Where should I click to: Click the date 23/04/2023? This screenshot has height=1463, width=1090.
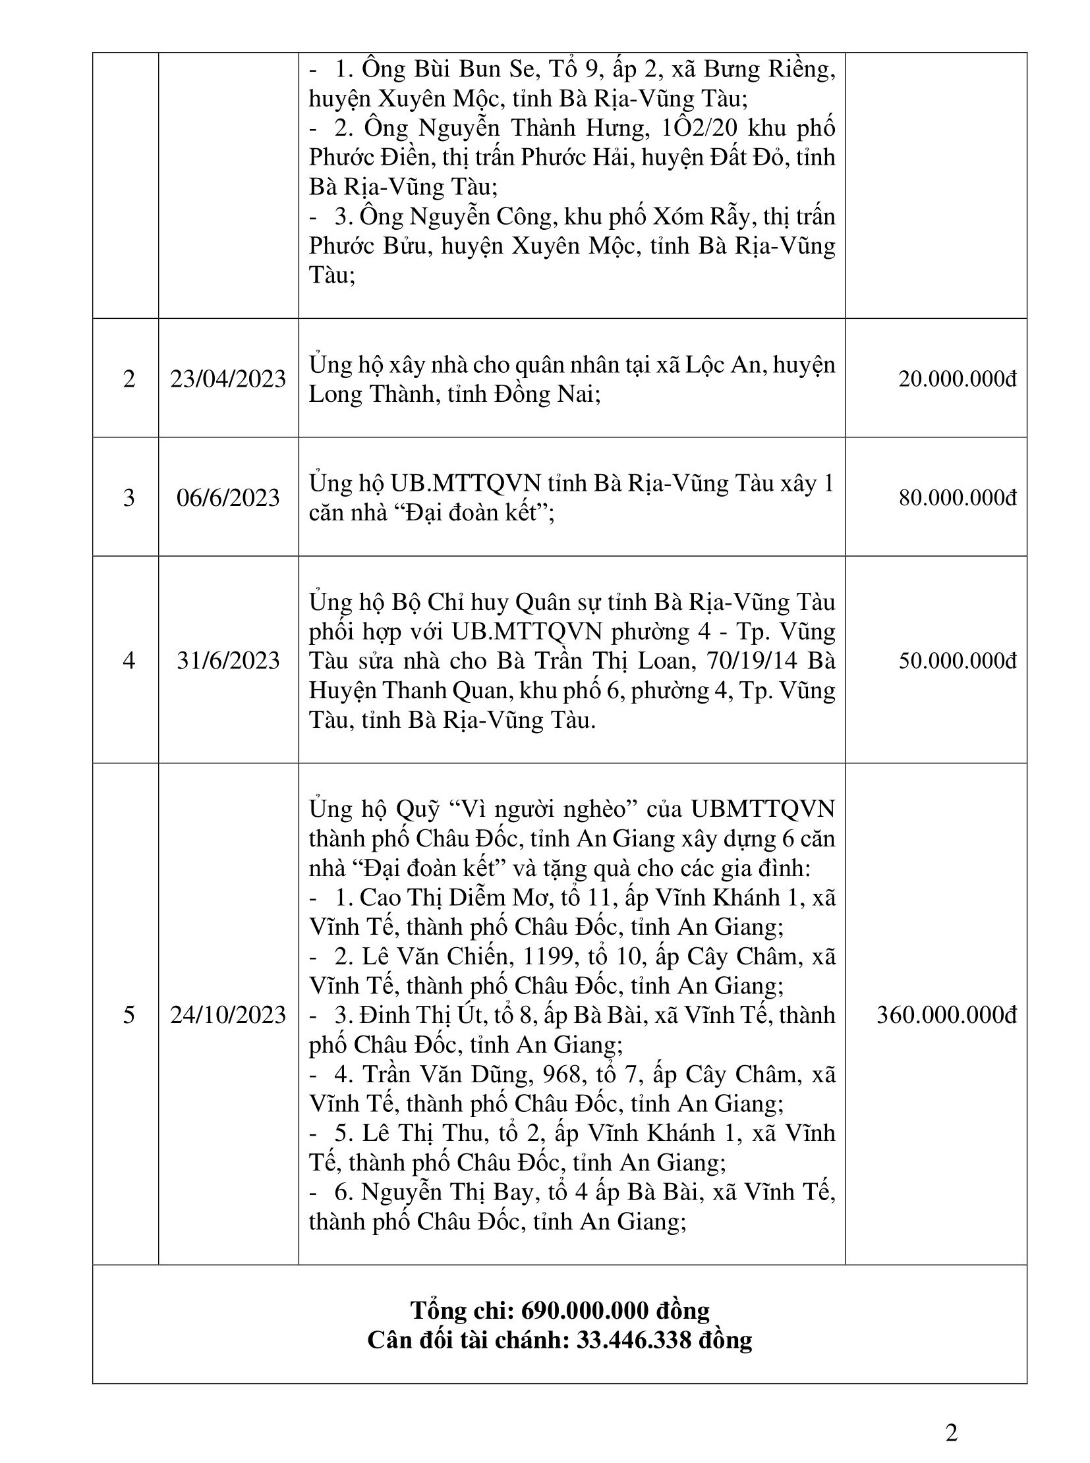(228, 379)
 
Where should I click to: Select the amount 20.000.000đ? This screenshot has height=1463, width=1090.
(958, 379)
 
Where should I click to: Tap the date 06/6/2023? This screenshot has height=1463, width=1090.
(228, 497)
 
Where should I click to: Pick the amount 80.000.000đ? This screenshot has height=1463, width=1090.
(958, 497)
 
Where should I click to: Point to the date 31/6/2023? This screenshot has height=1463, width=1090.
(228, 660)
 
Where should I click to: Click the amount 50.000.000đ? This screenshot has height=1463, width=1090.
(958, 660)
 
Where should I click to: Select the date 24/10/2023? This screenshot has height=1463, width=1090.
(228, 1014)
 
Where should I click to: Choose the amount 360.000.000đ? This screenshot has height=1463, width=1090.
(947, 1014)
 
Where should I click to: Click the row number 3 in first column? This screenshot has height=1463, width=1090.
(129, 497)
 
